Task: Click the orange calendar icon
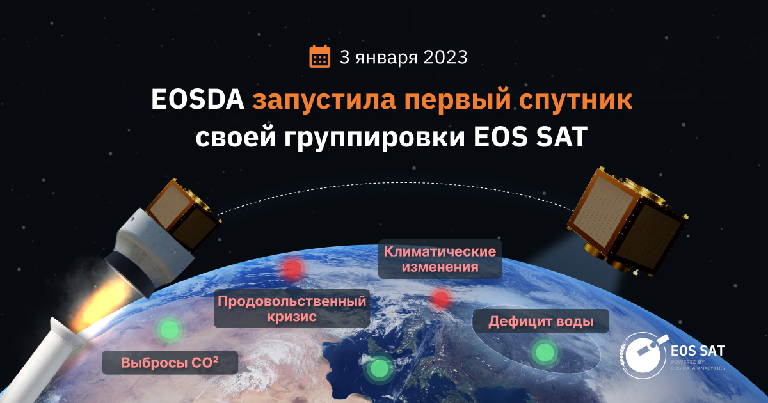click(x=319, y=56)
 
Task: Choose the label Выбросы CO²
click(x=170, y=363)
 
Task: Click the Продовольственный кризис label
click(x=292, y=309)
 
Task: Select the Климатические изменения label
click(x=440, y=259)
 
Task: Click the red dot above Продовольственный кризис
click(x=292, y=269)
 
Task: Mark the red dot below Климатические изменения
click(x=440, y=298)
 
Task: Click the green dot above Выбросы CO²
click(x=169, y=329)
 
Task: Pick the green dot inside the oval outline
click(x=544, y=351)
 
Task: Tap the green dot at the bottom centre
click(x=380, y=368)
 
